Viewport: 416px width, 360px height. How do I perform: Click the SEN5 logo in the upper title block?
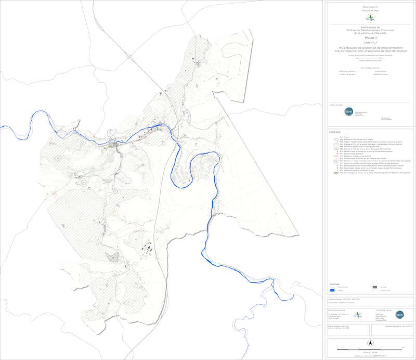348,111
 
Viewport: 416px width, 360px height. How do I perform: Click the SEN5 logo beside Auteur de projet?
399,315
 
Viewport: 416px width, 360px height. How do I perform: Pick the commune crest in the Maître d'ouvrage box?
357,315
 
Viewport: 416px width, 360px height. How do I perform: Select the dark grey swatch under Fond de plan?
375,287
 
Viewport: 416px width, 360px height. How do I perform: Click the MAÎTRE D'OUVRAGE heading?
336,309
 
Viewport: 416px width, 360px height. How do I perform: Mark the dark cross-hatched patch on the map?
112,256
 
